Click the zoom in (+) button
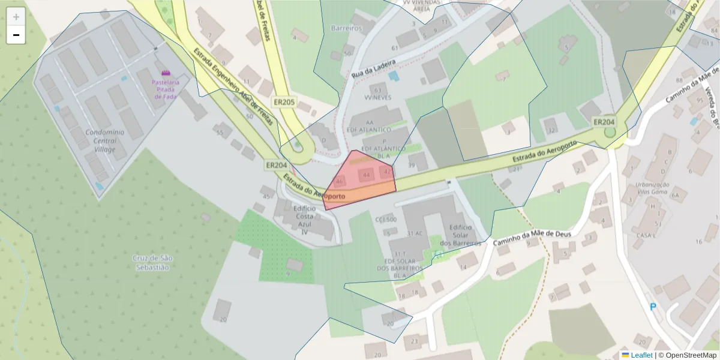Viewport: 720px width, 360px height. [16, 17]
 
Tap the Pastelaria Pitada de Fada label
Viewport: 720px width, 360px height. [166, 89]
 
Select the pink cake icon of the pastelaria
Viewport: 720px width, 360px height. [166, 73]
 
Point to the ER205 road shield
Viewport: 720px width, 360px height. [284, 103]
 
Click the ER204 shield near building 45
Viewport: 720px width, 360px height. [277, 164]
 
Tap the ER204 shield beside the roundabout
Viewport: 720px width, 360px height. [604, 122]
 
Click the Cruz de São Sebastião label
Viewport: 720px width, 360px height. [152, 262]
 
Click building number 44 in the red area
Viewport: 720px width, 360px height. [366, 175]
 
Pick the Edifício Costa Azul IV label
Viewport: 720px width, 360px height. [304, 220]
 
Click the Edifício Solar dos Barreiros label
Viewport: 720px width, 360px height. [460, 235]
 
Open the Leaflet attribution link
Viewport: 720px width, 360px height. [641, 355]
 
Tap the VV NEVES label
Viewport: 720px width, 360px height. [377, 96]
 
